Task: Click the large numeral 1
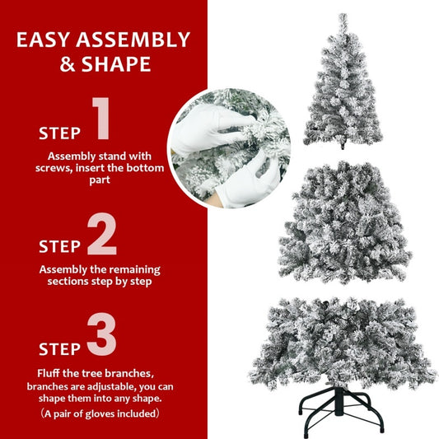pos(100,119)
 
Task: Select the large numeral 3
pos(101,335)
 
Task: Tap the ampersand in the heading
pos(68,64)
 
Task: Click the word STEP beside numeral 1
pos(59,133)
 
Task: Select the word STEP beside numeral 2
pos(59,245)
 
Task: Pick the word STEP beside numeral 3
pos(59,347)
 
